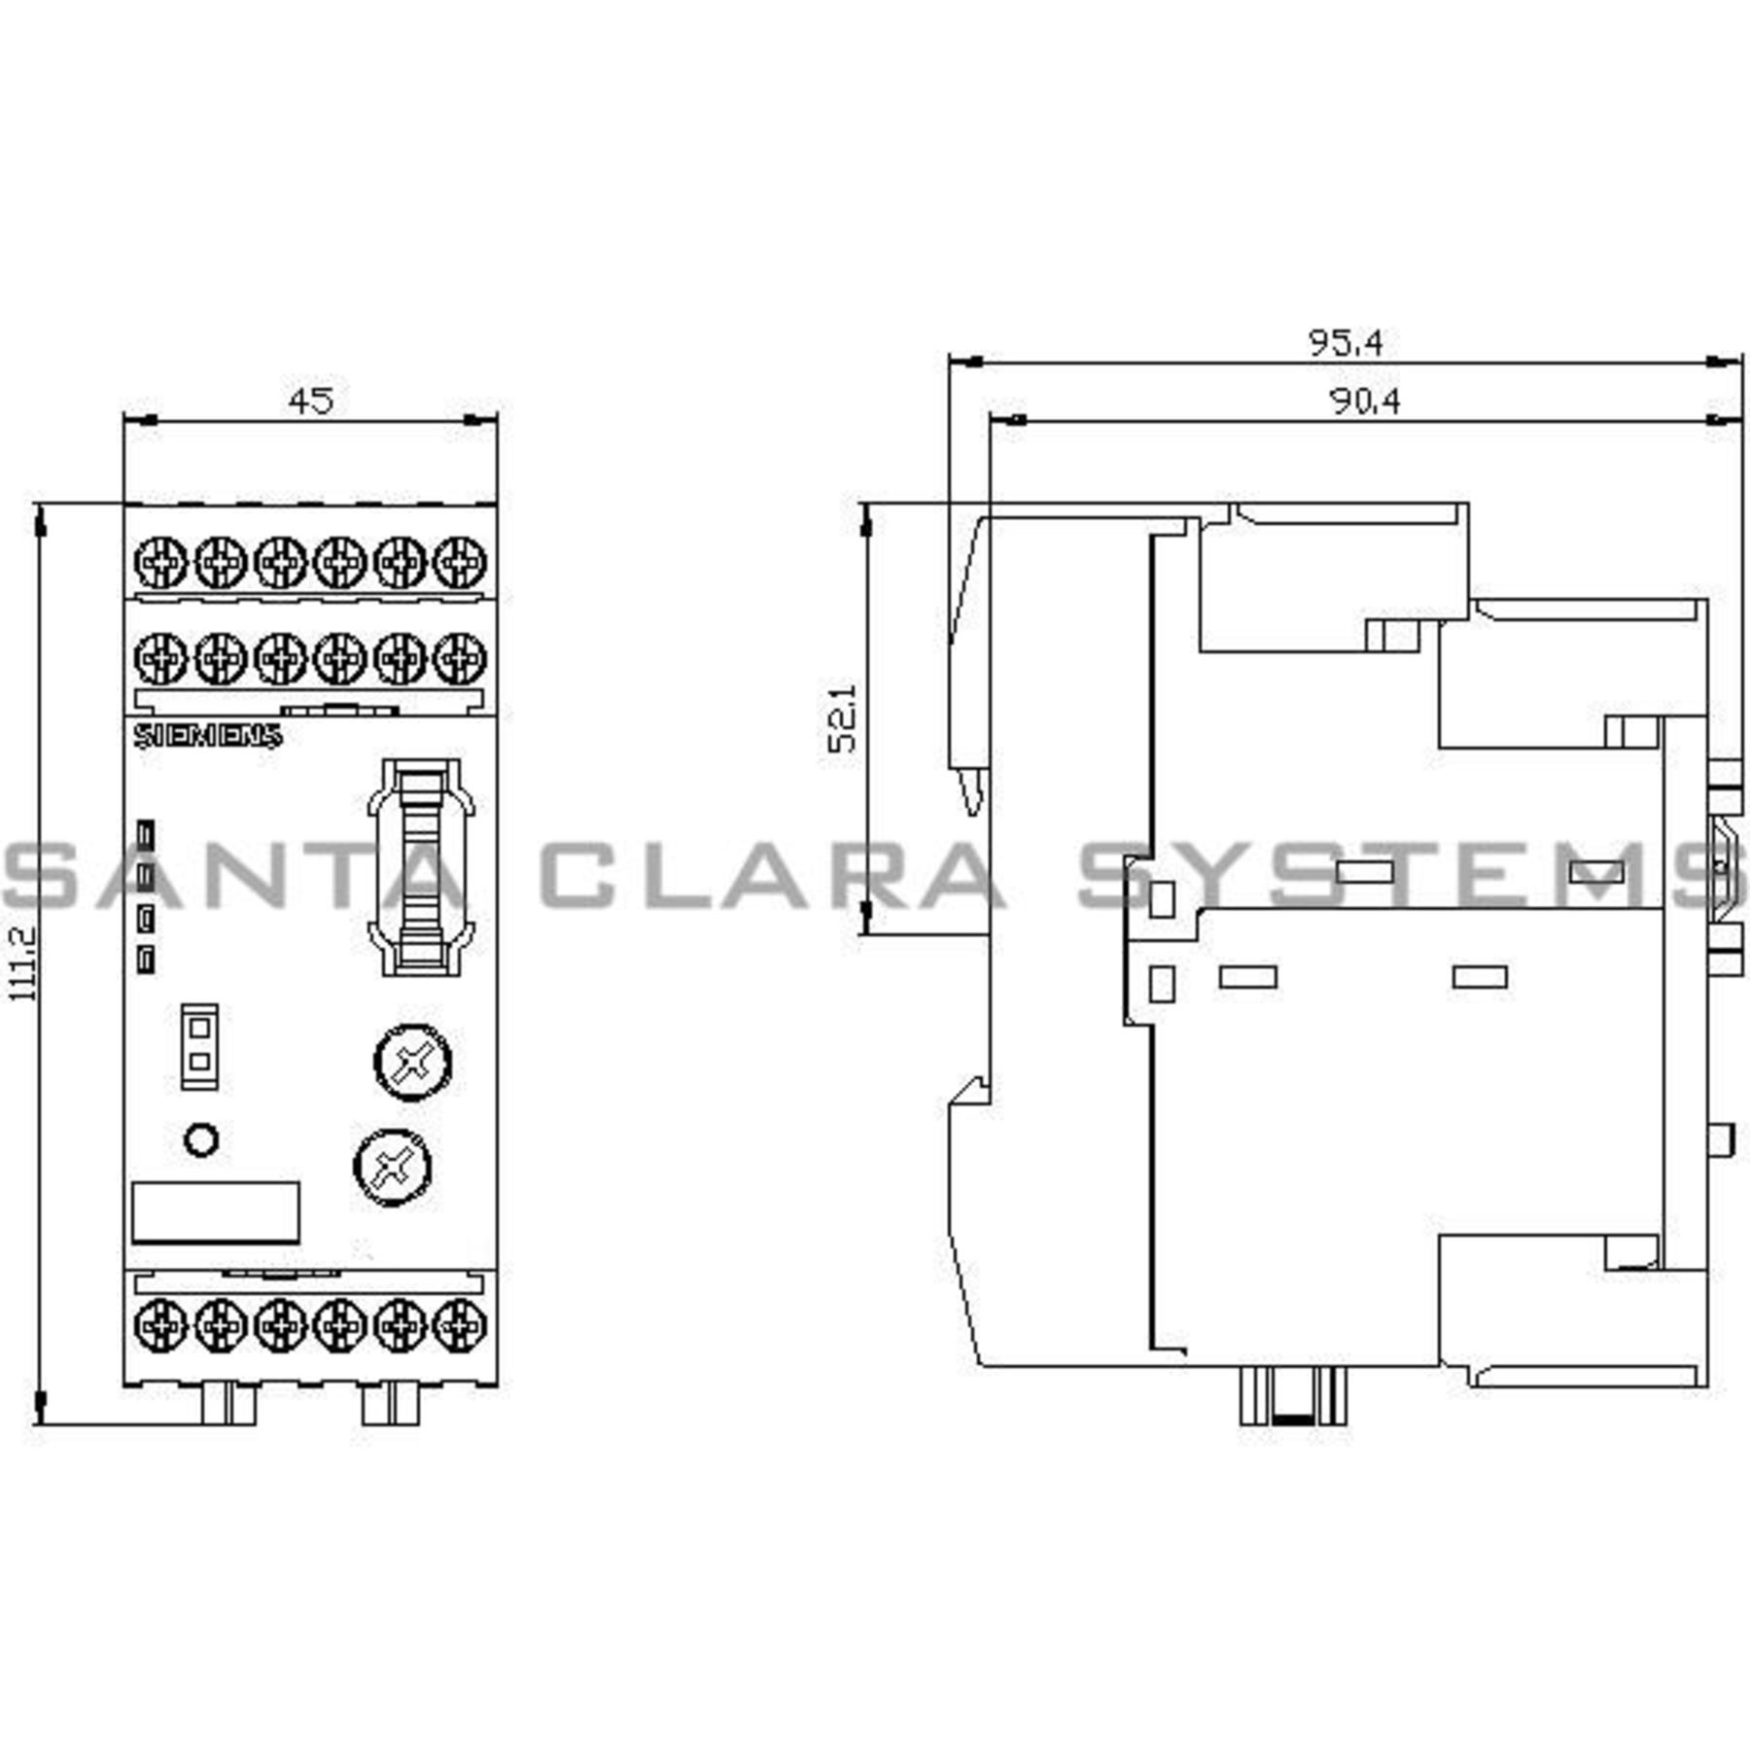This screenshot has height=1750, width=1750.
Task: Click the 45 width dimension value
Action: tap(310, 401)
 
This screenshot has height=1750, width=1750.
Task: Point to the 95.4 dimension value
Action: tap(1345, 342)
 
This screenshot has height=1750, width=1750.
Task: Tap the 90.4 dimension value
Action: tap(1365, 401)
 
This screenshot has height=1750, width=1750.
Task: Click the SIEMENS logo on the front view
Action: tap(207, 736)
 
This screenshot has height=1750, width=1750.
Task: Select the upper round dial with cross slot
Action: tap(412, 1062)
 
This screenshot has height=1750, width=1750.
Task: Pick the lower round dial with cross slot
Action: tap(392, 1167)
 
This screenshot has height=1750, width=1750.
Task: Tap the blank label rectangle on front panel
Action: tap(215, 1212)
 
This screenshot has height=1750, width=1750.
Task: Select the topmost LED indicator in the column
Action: tap(146, 834)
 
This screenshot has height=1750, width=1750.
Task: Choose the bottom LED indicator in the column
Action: tap(146, 960)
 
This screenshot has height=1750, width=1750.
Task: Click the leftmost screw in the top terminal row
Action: tap(160, 562)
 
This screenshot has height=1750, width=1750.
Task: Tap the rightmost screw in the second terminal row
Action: tap(460, 658)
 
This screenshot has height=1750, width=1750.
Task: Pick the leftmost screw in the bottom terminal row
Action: tap(160, 1323)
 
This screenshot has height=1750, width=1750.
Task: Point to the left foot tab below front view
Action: tap(227, 1404)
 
